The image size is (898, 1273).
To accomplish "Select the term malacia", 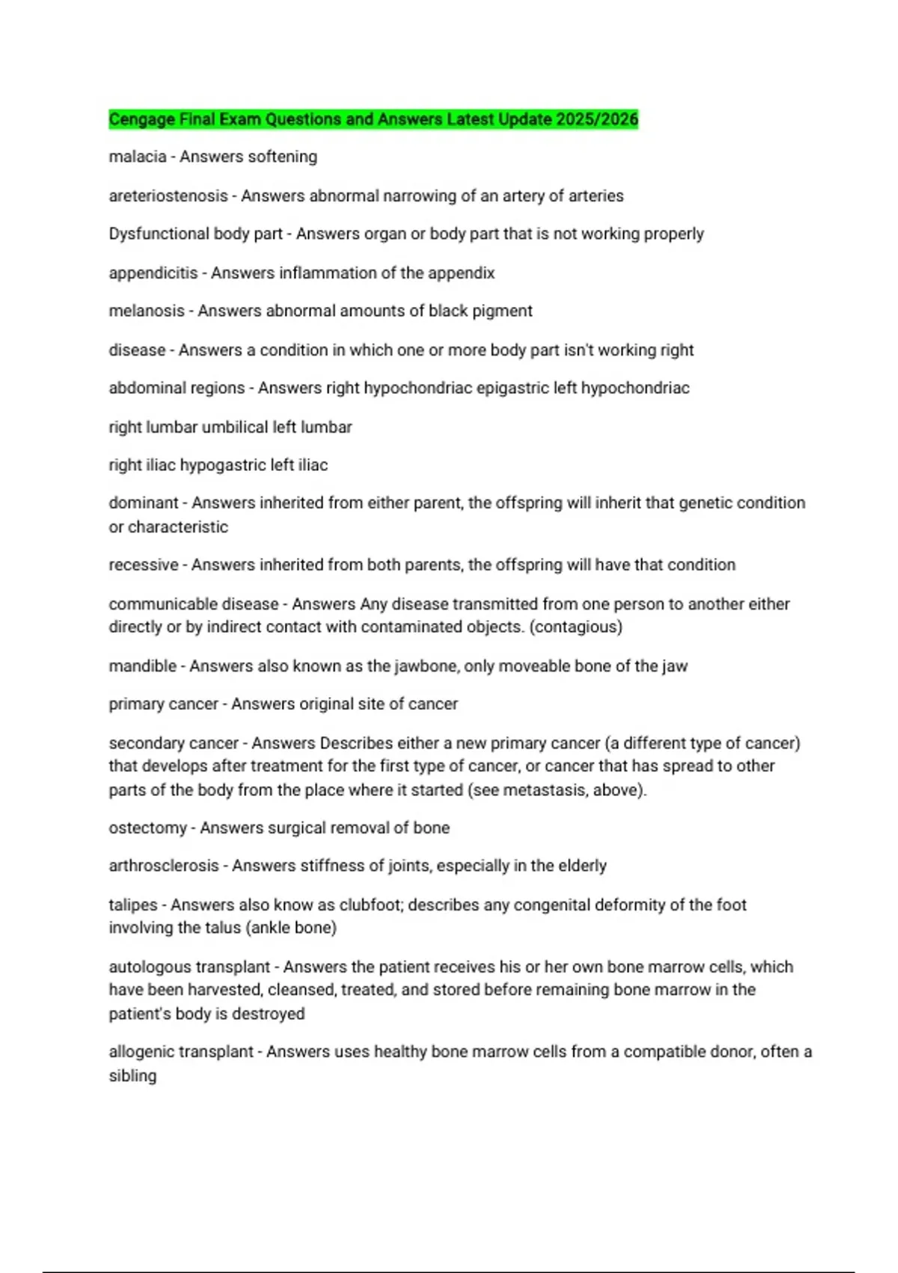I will coord(137,157).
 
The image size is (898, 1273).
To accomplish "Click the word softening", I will coord(282,157).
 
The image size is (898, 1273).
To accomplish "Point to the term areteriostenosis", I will coord(168,196).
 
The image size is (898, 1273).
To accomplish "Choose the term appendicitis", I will coord(153,273).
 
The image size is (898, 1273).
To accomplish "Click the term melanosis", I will coord(147,311).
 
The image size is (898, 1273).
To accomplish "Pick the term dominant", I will coord(143,503).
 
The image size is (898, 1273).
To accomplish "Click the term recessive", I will coord(143,565).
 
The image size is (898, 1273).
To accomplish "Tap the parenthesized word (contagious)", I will coord(575,627).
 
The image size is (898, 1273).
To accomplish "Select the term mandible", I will coord(142,666).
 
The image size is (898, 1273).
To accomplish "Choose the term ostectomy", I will coord(147,828).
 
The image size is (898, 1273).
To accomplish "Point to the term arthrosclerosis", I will coord(164,866).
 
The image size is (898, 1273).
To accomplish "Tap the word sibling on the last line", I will coord(132,1076).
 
